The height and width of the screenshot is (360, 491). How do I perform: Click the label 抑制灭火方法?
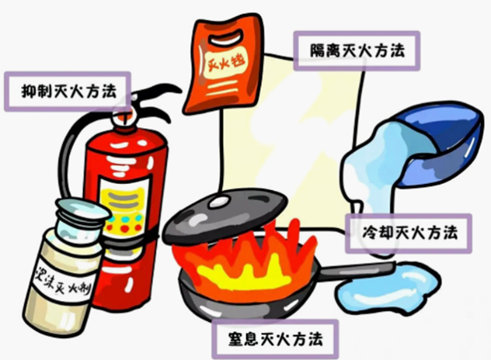(69, 92)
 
